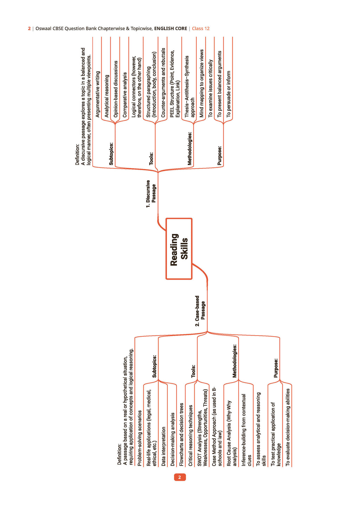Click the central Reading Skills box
click(179, 249)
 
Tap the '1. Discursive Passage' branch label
click(151, 194)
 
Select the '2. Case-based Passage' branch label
click(200, 311)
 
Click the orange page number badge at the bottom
click(180, 477)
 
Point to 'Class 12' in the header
click(201, 28)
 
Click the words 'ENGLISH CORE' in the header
click(171, 28)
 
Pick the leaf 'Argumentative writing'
click(98, 94)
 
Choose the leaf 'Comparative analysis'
click(125, 95)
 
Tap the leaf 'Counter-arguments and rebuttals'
click(163, 83)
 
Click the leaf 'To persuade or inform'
click(229, 94)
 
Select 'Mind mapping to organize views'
click(201, 84)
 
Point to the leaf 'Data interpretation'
click(163, 446)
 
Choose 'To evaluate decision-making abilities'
click(288, 427)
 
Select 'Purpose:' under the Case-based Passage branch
click(276, 368)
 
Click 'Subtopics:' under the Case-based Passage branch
click(154, 366)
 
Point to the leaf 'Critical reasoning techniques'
click(191, 436)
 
